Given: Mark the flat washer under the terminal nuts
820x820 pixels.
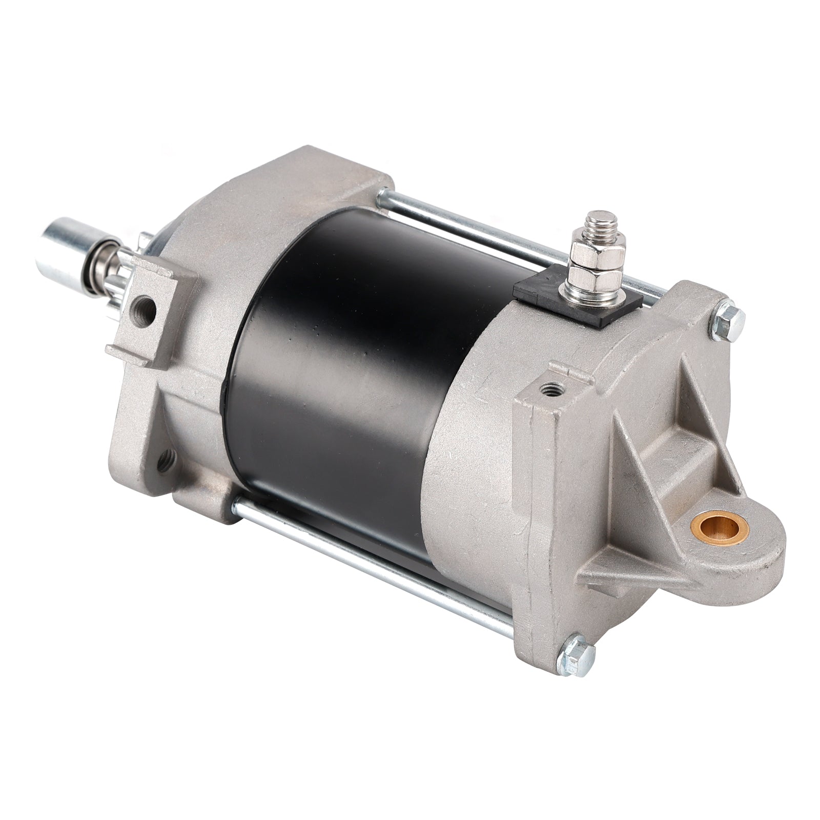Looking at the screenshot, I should tap(597, 297).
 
